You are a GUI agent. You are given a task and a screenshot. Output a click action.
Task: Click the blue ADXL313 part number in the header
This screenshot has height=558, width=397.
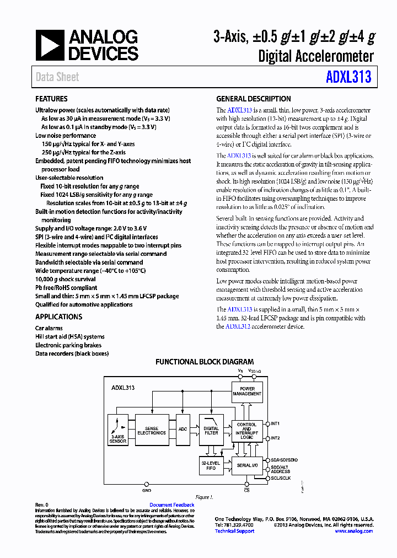[348, 77]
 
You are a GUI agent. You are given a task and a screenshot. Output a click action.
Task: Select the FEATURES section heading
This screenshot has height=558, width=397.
[51, 99]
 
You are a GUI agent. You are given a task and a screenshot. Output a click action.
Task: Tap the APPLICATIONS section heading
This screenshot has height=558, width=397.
[58, 317]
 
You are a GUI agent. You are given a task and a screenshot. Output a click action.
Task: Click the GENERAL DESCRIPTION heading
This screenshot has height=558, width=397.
[254, 99]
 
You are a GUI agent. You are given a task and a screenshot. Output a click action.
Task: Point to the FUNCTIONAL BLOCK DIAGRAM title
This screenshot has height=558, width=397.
[205, 362]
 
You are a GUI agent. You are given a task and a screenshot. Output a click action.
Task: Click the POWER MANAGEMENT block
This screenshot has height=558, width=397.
[247, 391]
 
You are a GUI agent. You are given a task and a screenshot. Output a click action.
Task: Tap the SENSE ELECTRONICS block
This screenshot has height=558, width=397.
[151, 430]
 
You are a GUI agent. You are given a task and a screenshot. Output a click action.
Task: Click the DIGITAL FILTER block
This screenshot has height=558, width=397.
[211, 430]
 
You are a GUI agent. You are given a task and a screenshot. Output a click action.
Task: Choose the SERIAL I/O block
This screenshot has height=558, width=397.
[246, 466]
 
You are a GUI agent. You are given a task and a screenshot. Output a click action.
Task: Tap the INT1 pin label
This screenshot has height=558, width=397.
[275, 423]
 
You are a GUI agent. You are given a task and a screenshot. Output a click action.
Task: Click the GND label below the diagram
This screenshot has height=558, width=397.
[147, 490]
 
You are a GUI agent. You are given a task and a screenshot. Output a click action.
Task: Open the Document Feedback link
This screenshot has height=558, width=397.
[171, 505]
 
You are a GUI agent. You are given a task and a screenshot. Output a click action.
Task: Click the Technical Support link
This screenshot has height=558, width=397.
[234, 531]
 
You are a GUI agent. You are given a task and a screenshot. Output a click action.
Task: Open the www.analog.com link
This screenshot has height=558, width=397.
[353, 531]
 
